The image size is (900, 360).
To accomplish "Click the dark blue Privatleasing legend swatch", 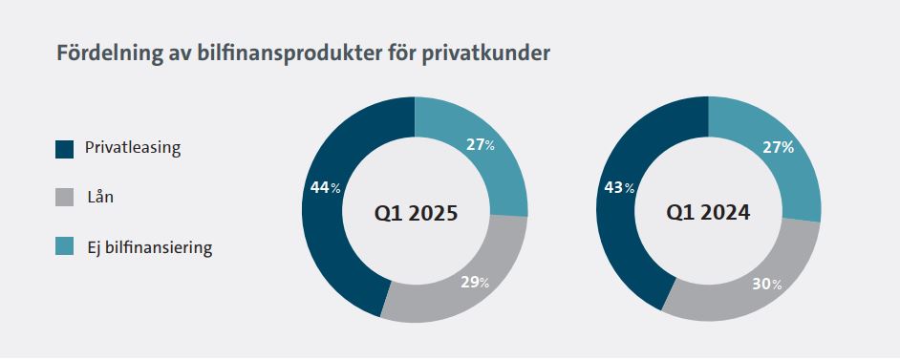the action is click(x=64, y=149).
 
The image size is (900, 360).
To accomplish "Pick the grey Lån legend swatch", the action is click(x=64, y=198).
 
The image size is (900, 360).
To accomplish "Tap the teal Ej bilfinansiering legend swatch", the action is click(x=64, y=246).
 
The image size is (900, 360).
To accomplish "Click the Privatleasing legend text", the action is click(x=133, y=148).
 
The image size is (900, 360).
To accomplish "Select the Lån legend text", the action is click(x=100, y=198).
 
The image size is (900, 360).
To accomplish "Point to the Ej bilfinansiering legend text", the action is click(x=150, y=247).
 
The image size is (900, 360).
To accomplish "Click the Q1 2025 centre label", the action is click(x=417, y=214).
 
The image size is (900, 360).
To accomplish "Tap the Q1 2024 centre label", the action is click(x=708, y=213).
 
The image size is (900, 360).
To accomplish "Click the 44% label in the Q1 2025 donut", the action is click(x=326, y=187).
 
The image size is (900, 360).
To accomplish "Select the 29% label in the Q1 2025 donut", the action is click(x=475, y=282).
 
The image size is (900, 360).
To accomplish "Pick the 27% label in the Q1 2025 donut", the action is click(x=481, y=144).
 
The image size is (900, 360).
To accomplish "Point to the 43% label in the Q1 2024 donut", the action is click(x=619, y=187).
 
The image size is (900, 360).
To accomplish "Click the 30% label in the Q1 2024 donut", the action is click(x=767, y=284).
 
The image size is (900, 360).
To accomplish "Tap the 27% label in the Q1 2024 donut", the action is click(x=779, y=147).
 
